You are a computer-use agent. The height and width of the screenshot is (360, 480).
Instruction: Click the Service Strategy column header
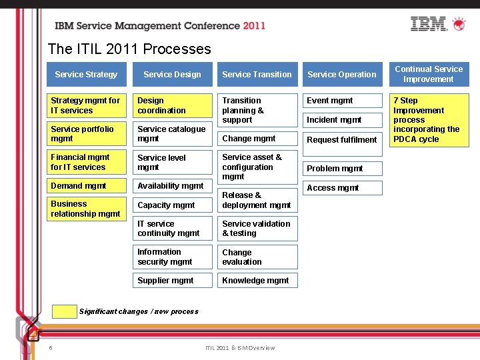coord(86,75)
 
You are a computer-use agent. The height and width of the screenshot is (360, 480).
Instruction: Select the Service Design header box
coord(172,75)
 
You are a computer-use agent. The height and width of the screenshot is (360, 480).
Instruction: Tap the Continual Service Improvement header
coord(429,74)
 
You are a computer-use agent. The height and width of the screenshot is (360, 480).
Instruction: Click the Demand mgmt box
coord(86,186)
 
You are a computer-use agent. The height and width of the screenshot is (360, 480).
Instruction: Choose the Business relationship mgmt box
coord(86,209)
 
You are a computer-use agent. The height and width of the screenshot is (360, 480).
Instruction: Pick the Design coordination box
coord(172,105)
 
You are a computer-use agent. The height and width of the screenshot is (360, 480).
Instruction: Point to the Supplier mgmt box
coord(172,281)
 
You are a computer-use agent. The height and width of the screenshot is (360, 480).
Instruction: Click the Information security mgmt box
coord(172,257)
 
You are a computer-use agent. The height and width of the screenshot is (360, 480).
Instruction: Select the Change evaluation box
coord(257,257)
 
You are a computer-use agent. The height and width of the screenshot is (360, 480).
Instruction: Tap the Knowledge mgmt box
coord(257,281)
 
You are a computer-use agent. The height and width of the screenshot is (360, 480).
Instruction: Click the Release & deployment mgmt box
coord(257,200)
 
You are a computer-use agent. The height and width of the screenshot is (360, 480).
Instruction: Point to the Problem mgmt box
coord(342,169)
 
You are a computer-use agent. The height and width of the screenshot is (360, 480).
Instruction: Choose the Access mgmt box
coord(342,188)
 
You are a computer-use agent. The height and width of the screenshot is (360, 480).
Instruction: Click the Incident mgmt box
coord(342,120)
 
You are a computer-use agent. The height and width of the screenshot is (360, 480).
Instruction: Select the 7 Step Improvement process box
coord(429,120)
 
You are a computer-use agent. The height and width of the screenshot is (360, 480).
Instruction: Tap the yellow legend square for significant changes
coord(64,311)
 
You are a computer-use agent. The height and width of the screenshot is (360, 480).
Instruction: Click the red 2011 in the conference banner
coord(254,26)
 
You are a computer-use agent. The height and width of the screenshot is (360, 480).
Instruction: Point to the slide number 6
coord(51,347)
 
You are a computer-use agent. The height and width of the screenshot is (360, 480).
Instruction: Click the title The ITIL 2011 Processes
coord(129,49)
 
